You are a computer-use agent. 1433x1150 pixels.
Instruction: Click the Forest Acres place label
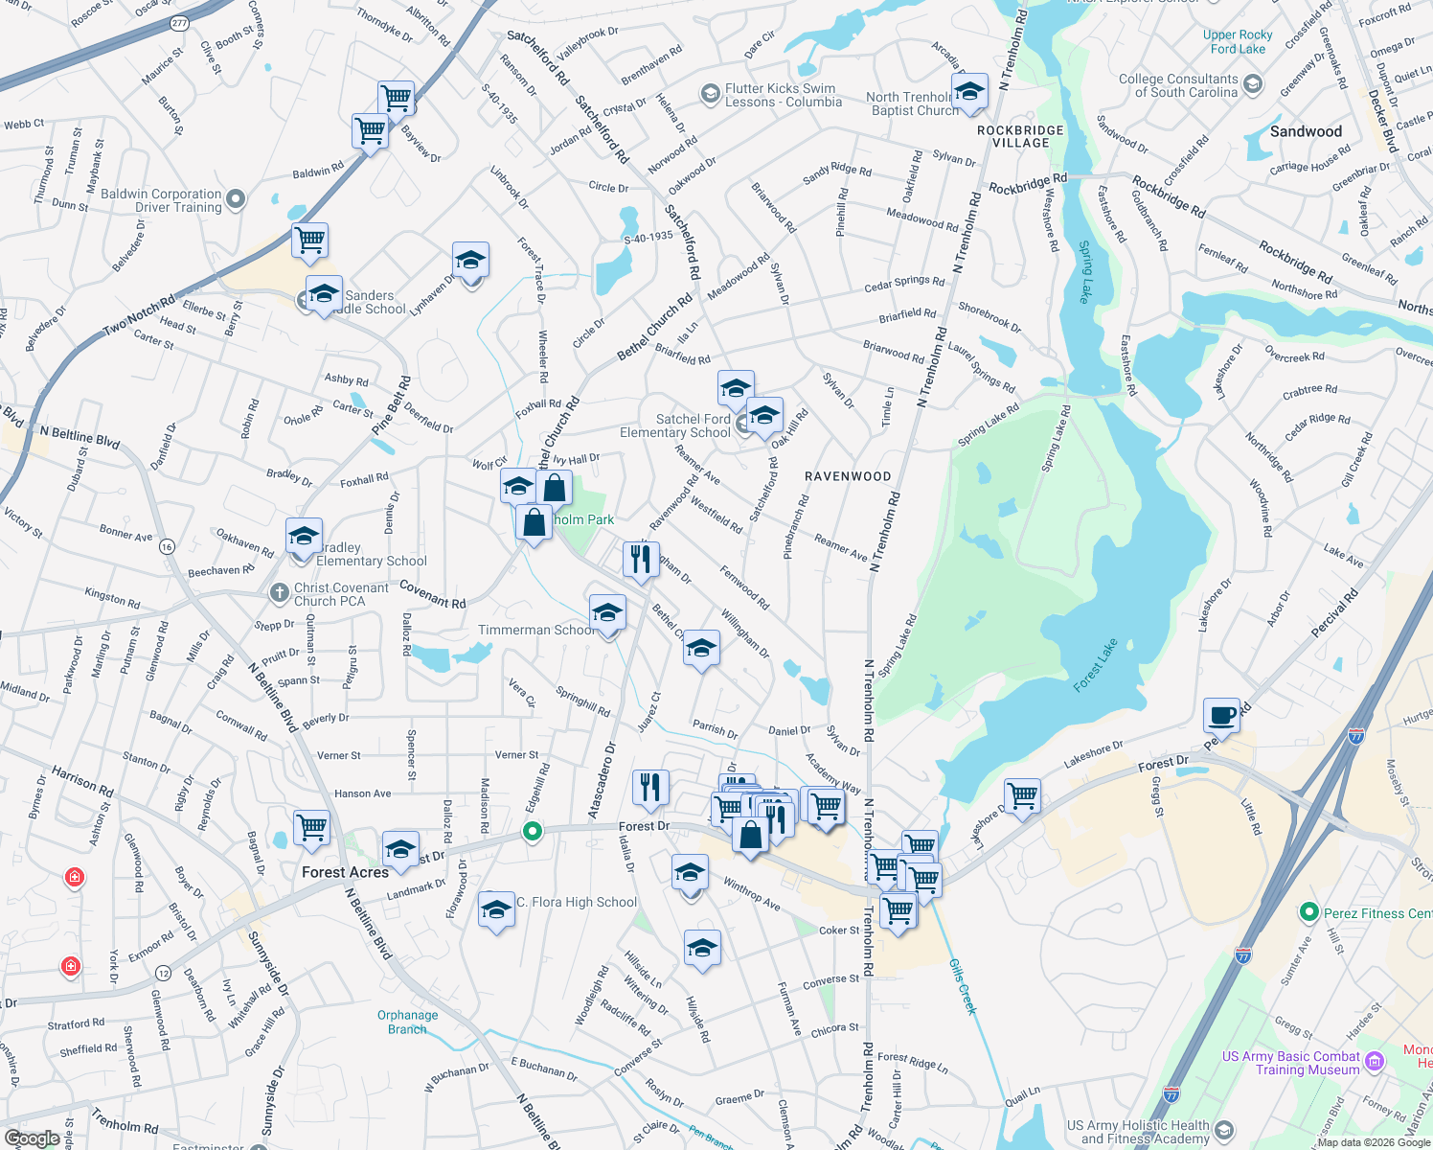345,872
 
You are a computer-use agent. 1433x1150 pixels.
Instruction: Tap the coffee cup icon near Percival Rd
1221,715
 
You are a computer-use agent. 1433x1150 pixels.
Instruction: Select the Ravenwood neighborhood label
848,476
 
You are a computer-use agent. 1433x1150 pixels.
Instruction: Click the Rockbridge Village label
1020,136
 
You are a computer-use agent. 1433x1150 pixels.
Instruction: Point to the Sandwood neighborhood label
1306,131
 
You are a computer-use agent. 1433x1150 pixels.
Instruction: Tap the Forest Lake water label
1095,665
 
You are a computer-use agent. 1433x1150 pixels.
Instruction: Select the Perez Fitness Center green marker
1309,912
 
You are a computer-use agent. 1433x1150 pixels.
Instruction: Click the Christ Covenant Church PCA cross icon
279,593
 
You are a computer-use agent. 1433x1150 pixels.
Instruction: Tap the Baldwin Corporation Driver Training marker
236,199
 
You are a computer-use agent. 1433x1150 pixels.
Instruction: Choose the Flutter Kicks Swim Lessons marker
710,94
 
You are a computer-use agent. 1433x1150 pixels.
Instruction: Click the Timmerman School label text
535,630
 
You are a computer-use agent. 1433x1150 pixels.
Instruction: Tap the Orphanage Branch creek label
407,1022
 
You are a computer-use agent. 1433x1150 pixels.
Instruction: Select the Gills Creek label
963,986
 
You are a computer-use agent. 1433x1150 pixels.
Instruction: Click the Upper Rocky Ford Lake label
1238,42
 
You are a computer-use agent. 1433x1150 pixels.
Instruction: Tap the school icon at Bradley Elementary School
304,536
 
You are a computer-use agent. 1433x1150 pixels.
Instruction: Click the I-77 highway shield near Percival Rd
1356,736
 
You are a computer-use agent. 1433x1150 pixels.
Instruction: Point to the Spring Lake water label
1085,272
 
